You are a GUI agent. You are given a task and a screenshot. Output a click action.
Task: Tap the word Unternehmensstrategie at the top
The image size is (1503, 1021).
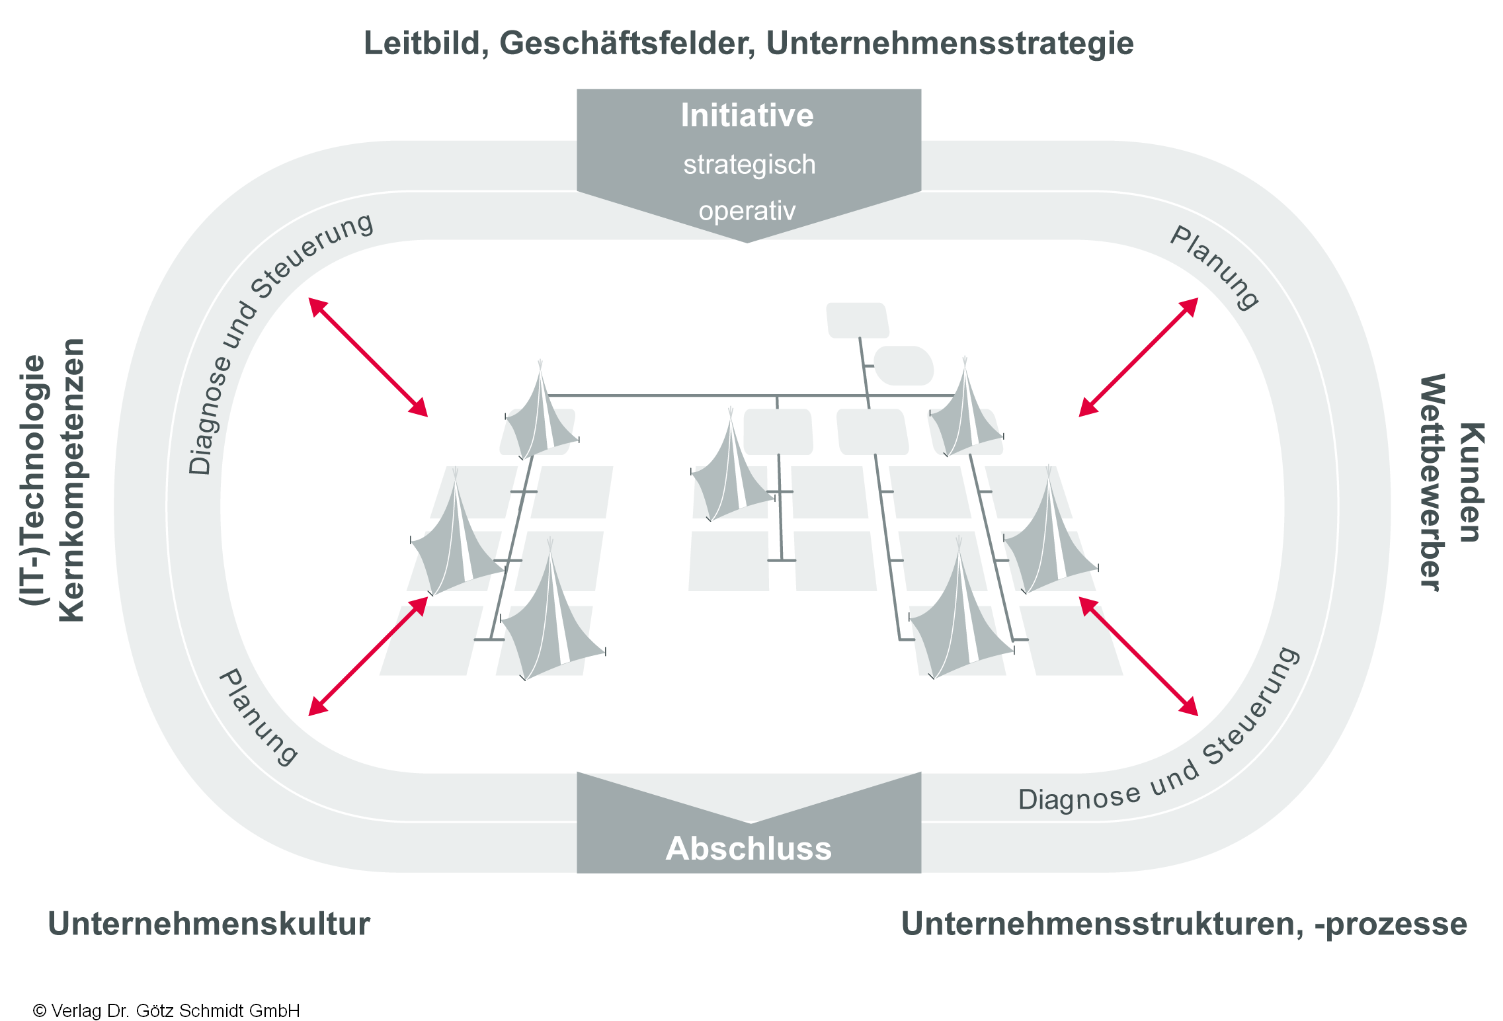950,44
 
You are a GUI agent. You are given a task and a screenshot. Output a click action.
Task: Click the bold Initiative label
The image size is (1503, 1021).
747,116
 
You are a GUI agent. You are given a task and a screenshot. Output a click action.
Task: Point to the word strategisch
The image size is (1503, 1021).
749,165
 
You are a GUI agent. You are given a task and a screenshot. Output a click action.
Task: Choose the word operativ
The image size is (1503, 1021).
747,211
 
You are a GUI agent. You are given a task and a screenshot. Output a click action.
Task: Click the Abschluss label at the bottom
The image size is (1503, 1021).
749,848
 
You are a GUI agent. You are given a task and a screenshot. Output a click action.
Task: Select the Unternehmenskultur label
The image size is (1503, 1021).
209,924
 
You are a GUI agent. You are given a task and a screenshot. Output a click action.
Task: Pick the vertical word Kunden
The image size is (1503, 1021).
1471,482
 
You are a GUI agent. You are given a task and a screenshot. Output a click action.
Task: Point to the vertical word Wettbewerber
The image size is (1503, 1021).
1432,482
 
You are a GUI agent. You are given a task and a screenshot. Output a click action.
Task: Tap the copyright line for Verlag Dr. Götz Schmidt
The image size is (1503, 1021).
167,1010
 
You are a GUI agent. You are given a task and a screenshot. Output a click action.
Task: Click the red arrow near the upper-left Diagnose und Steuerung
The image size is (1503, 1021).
368,357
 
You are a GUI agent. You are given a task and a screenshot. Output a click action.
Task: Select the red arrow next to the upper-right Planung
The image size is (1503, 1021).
1138,357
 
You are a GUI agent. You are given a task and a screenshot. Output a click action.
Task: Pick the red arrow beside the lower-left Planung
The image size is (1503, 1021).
368,656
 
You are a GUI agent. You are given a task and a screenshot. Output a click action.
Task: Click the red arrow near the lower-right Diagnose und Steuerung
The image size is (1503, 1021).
1138,656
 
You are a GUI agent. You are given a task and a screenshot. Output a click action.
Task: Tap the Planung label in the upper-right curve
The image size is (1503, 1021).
1214,267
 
